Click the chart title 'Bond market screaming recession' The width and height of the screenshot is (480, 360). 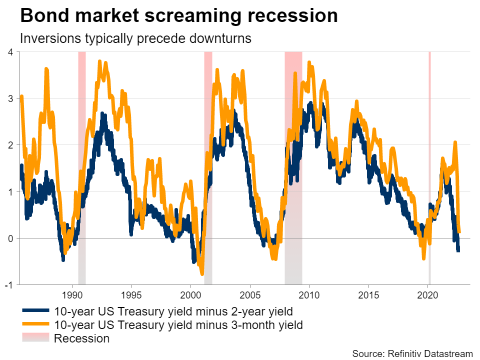179,16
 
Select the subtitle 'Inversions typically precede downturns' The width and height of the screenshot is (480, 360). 135,38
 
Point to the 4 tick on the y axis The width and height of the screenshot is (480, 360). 10,52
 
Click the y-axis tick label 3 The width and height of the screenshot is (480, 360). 10,98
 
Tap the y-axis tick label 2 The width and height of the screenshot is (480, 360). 10,145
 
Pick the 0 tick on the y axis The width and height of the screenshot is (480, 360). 10,238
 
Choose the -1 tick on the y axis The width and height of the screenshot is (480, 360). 8,285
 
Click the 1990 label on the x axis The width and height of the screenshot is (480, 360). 72,294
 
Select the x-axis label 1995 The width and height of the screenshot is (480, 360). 131,294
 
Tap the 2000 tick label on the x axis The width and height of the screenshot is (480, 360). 190,294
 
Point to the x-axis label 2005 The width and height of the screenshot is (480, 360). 250,294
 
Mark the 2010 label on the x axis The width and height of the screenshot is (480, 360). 309,294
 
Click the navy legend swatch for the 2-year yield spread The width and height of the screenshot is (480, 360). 35,311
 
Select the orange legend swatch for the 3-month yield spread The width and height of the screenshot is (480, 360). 35,324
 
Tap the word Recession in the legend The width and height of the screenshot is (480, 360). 81,338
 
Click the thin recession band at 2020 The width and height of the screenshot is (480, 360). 429,165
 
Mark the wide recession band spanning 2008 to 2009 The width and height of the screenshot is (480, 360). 293,165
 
